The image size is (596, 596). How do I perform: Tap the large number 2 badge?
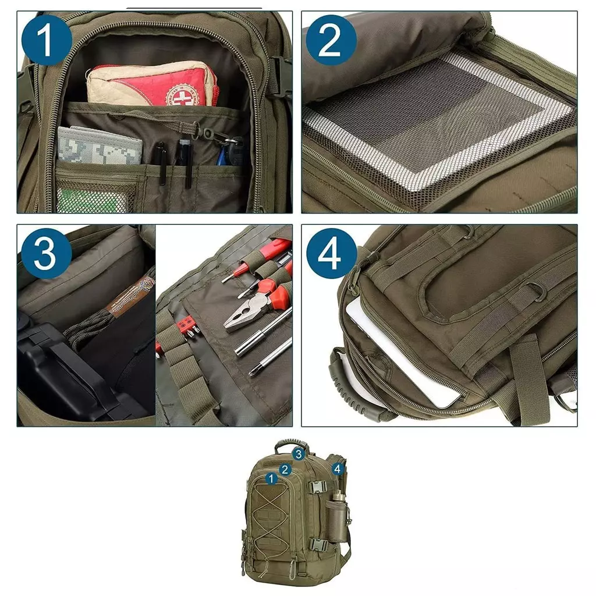coord(330,40)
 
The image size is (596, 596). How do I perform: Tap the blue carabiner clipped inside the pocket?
coord(223,155)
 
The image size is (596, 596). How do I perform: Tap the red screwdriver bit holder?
coord(186,325)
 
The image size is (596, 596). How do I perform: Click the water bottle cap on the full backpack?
coord(339,495)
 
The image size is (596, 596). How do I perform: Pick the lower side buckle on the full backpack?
coord(317,545)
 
